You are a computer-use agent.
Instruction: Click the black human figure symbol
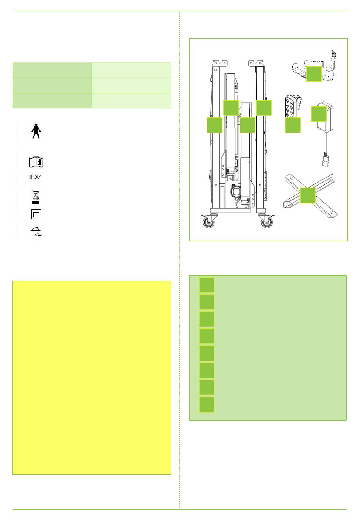point(36,131)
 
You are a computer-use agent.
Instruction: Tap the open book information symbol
point(36,162)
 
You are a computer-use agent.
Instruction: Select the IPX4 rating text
point(36,177)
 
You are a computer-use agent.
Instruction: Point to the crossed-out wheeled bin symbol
point(36,197)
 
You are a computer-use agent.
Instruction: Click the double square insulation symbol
point(36,214)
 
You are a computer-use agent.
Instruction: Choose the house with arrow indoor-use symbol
point(36,232)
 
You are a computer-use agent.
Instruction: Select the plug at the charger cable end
point(326,159)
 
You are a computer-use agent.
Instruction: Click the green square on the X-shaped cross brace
point(308,195)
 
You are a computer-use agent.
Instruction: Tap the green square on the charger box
point(319,114)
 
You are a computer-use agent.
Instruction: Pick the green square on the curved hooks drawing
point(314,74)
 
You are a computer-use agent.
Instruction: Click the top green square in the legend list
point(207,285)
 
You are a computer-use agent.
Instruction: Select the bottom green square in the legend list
point(207,405)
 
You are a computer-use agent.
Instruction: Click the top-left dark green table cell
point(52,70)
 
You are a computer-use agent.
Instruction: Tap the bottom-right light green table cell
point(131,101)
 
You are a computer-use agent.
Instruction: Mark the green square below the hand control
point(293,125)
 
